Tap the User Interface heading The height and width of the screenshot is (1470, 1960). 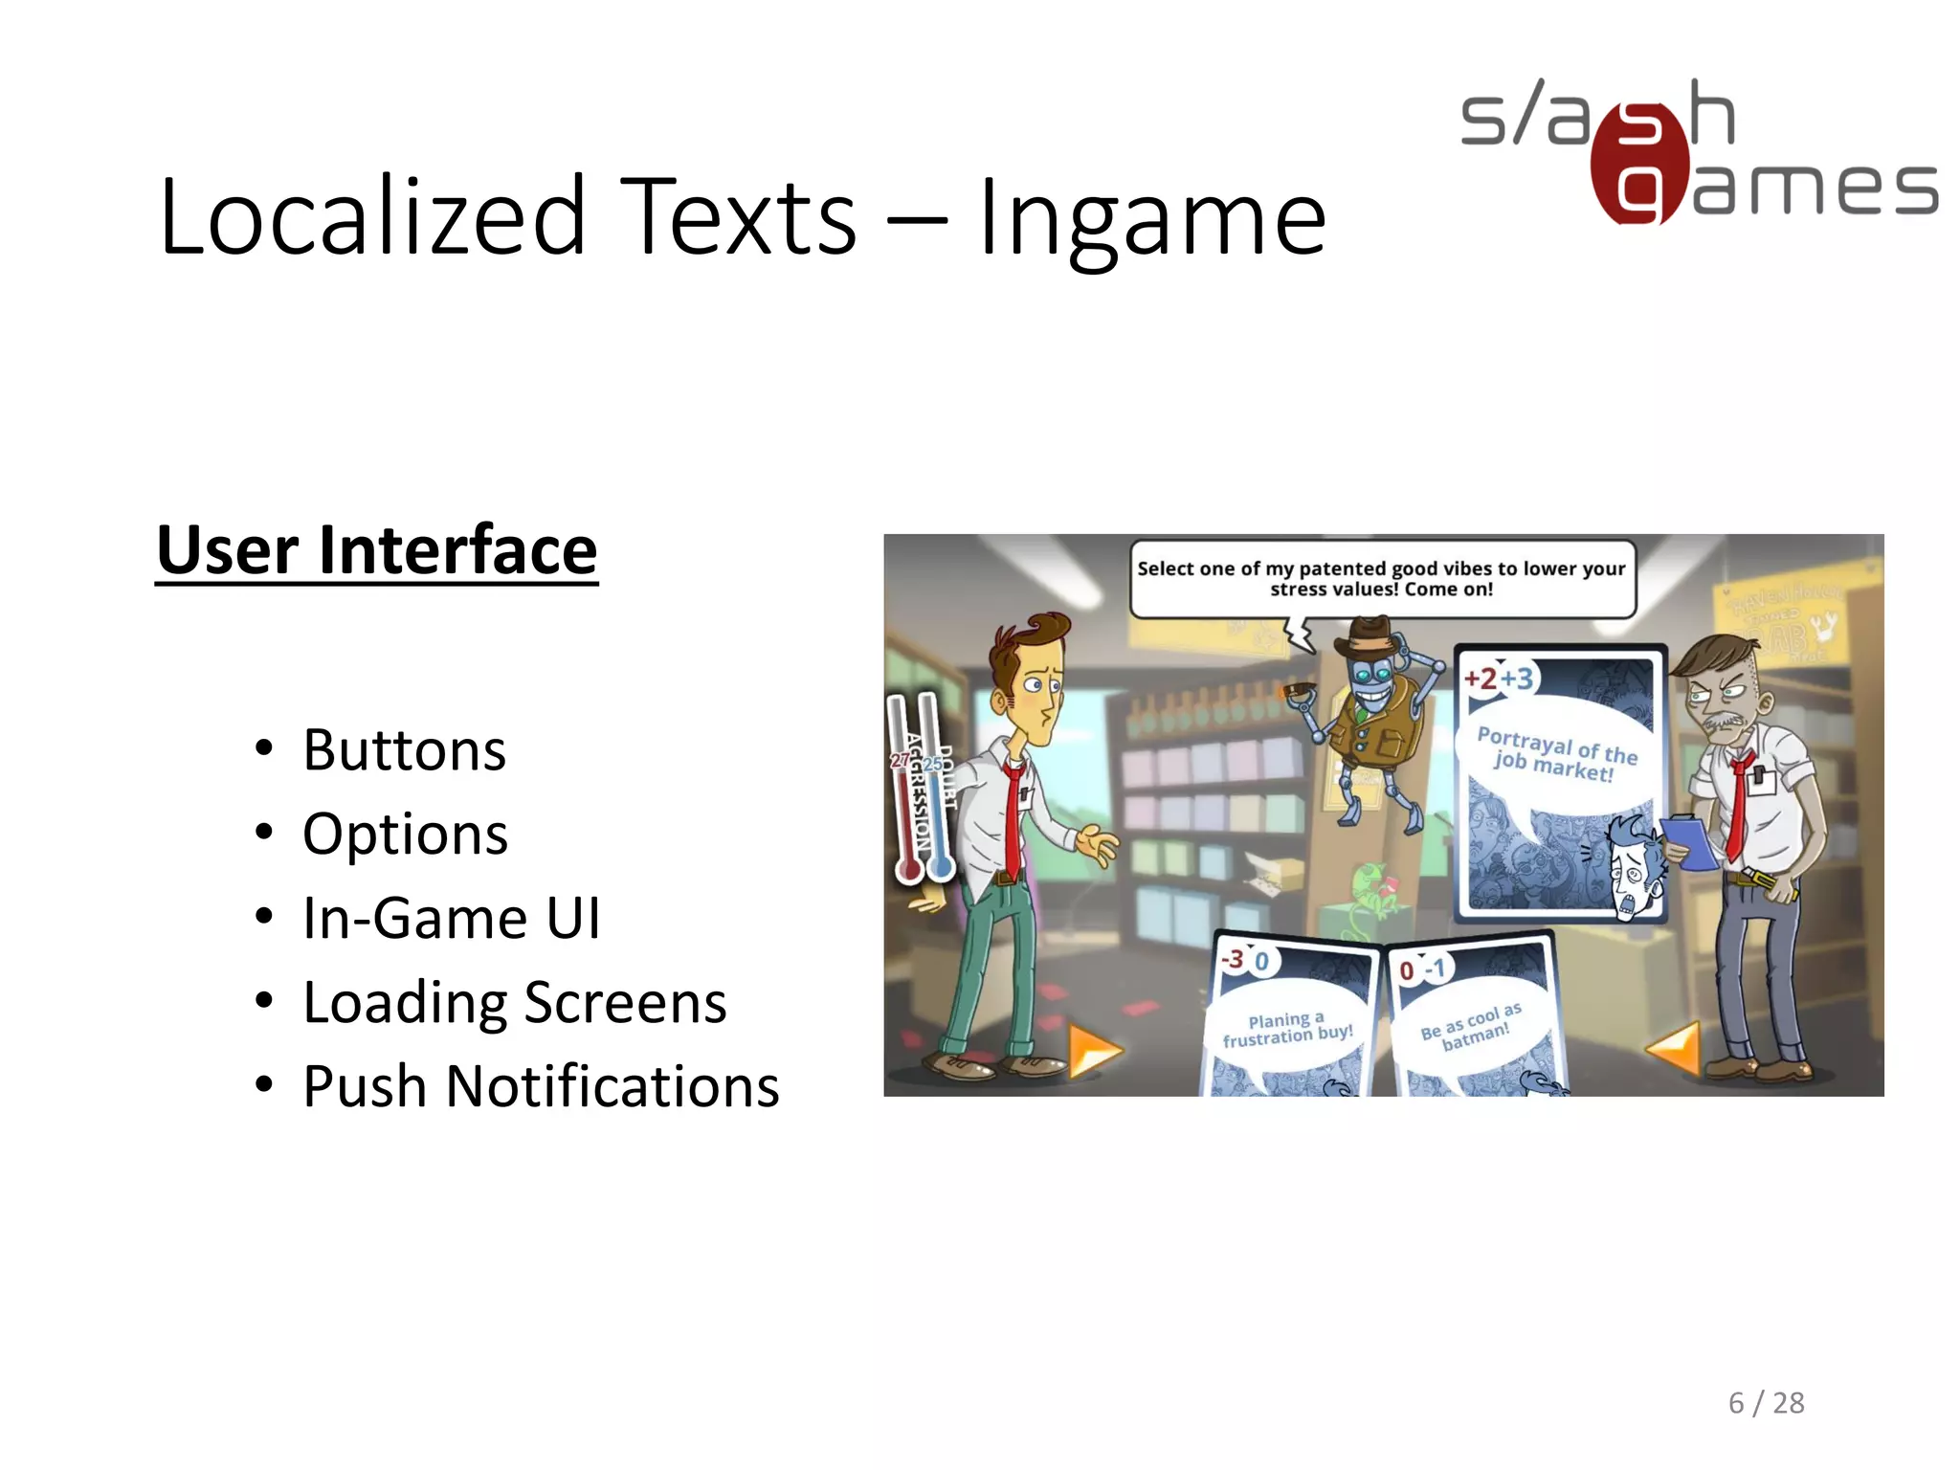376,551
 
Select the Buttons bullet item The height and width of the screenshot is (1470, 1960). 404,750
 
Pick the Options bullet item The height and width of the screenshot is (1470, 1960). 405,835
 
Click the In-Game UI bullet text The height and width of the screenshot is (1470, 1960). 451,919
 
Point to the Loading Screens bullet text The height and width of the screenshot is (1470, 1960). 514,1003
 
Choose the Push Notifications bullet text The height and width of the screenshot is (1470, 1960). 541,1087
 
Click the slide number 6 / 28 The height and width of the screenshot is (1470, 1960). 1766,1403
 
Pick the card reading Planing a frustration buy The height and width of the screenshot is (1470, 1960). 1287,1019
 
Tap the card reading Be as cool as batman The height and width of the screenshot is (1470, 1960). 1471,1024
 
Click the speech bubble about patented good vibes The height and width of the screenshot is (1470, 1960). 1381,579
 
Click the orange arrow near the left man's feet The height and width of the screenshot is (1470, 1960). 1092,1051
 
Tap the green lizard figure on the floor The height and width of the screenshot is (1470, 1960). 1369,895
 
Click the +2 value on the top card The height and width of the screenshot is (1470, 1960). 1481,679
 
